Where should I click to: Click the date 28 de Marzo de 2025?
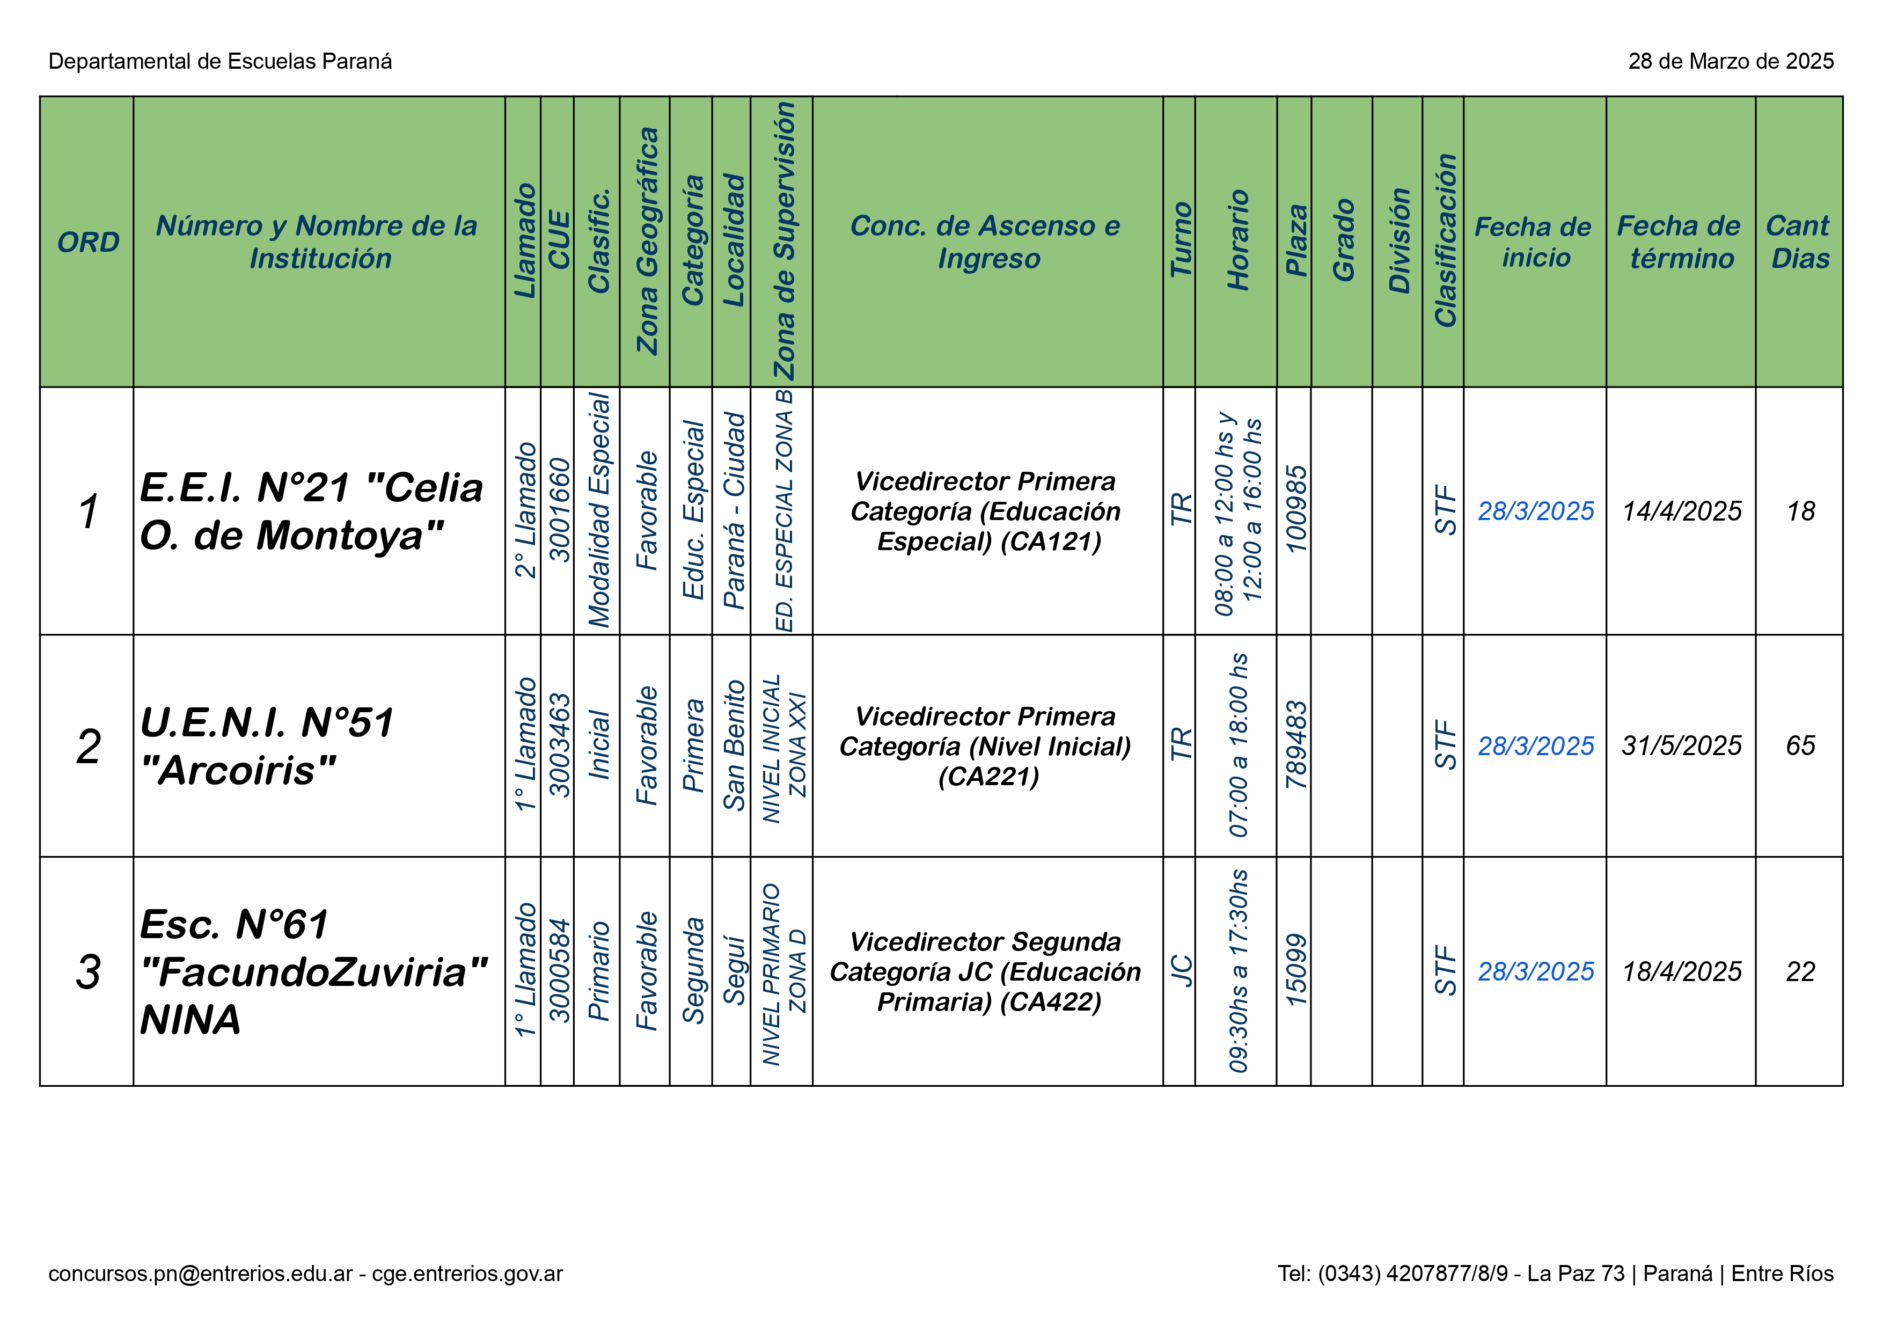pyautogui.click(x=1731, y=62)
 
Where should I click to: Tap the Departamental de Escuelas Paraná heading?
pyautogui.click(x=220, y=62)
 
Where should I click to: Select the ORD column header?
pyautogui.click(x=88, y=242)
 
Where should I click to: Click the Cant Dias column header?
pyautogui.click(x=1799, y=242)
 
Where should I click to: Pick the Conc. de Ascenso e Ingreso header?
pyautogui.click(x=987, y=242)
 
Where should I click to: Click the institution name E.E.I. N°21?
pyautogui.click(x=312, y=511)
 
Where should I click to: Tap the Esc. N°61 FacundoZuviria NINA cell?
pyautogui.click(x=312, y=972)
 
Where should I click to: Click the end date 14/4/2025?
pyautogui.click(x=1681, y=511)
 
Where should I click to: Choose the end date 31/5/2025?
pyautogui.click(x=1681, y=745)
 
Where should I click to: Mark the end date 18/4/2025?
pyautogui.click(x=1681, y=972)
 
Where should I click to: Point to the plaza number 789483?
pyautogui.click(x=1295, y=745)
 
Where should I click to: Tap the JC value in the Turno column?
pyautogui.click(x=1180, y=972)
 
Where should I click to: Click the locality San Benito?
pyautogui.click(x=733, y=745)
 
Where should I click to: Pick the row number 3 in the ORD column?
pyautogui.click(x=88, y=972)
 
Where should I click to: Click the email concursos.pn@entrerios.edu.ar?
pyautogui.click(x=200, y=1274)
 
